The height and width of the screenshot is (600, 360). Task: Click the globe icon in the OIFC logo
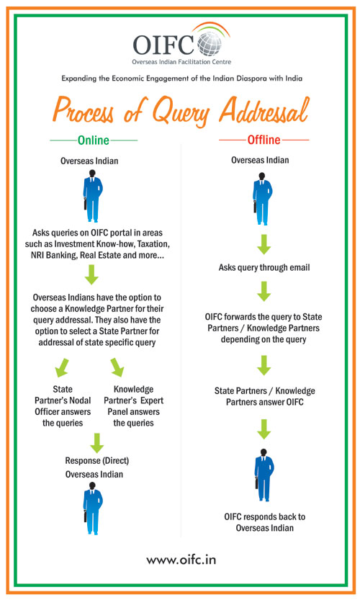(210, 43)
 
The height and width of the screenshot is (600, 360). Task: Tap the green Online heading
(94, 140)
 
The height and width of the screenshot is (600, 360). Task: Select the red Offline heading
(264, 140)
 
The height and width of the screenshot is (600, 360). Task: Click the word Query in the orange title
(181, 110)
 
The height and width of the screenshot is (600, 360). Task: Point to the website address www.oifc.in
(181, 560)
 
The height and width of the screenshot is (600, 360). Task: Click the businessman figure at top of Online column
(92, 196)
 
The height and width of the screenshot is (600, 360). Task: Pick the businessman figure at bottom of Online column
(92, 509)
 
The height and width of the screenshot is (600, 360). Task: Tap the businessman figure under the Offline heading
(262, 199)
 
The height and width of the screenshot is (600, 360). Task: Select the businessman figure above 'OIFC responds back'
(264, 475)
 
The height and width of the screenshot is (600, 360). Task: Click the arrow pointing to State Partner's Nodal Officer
(62, 367)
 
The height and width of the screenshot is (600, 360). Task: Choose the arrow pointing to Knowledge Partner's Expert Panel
(117, 367)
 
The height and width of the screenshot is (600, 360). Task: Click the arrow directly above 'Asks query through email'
(264, 244)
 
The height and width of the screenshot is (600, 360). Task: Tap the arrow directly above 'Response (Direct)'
(96, 443)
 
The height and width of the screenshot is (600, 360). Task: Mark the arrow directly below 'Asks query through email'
(264, 292)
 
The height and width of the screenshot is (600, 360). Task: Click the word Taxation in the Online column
(153, 243)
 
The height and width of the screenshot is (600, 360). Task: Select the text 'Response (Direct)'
(96, 460)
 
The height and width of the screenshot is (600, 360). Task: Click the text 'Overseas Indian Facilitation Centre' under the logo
(181, 62)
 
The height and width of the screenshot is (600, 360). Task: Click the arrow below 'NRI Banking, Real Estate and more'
(91, 274)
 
